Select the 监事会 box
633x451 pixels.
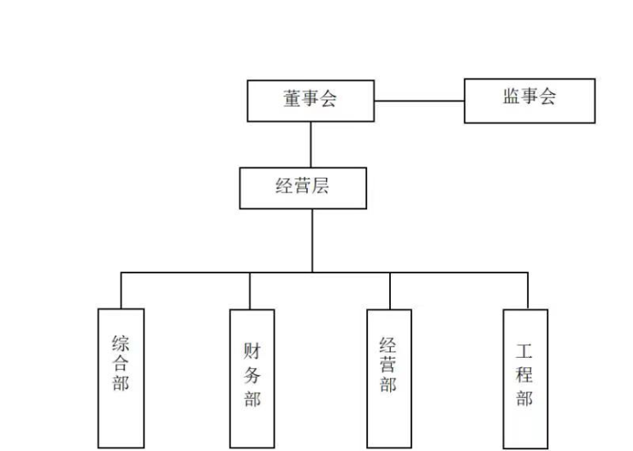[529, 100]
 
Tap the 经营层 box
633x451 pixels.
[303, 188]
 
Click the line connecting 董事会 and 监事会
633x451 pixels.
[419, 101]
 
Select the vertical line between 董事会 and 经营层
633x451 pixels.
[311, 144]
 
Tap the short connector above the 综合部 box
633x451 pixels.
[121, 290]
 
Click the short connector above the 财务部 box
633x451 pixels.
[250, 290]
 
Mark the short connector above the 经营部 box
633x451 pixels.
[390, 290]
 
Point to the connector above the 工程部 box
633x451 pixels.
[527, 290]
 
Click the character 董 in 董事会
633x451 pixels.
[293, 99]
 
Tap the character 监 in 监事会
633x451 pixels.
[511, 97]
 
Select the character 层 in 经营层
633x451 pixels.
[321, 187]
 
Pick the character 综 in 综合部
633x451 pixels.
[121, 343]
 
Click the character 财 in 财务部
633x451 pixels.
[252, 350]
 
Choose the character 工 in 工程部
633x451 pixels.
[524, 350]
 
